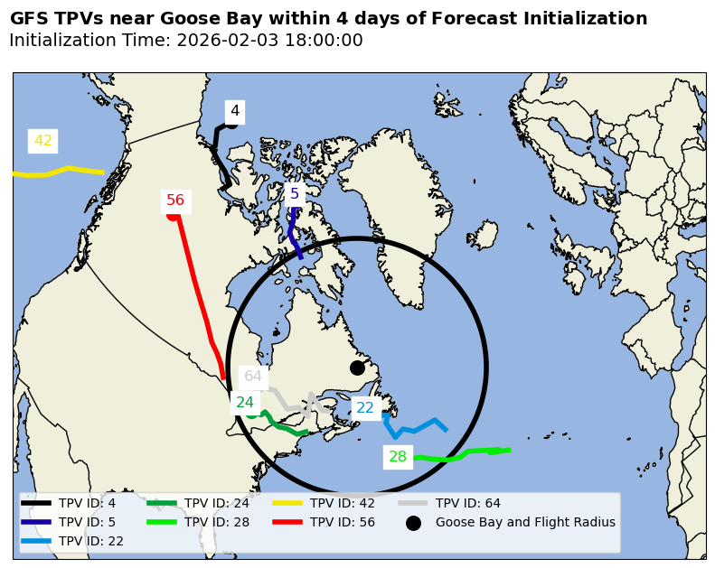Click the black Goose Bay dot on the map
[x=357, y=368]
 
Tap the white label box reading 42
[x=43, y=141]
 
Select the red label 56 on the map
[x=175, y=200]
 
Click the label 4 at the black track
[x=235, y=111]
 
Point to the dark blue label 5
[x=295, y=194]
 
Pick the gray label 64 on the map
[x=253, y=377]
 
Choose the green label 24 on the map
[x=245, y=403]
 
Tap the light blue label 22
[x=365, y=408]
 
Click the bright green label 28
[x=398, y=457]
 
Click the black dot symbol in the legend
[x=413, y=523]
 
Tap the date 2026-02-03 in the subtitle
[x=221, y=41]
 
